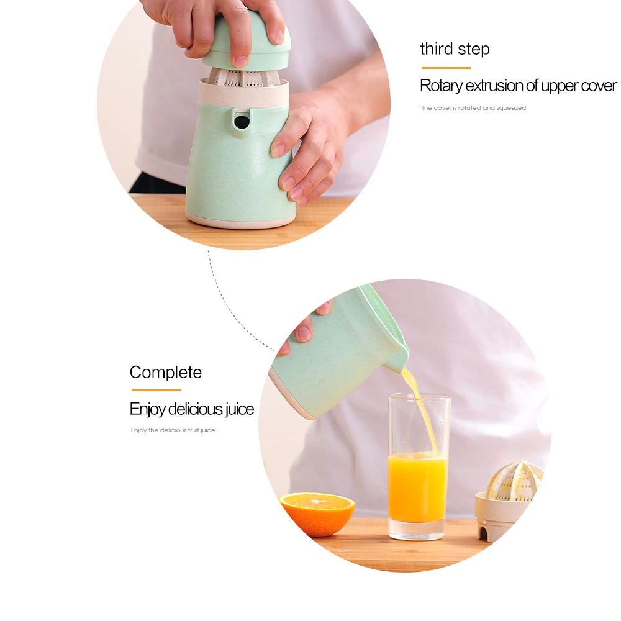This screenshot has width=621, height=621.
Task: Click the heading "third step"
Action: pyautogui.click(x=455, y=49)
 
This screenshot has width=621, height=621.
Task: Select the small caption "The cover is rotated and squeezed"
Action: pyautogui.click(x=473, y=108)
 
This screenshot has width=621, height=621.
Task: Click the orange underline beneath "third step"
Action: pyautogui.click(x=446, y=68)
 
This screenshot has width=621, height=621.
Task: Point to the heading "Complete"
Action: pyautogui.click(x=166, y=373)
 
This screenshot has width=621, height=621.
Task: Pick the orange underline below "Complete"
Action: pyautogui.click(x=155, y=390)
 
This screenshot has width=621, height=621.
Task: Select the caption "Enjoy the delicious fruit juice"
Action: pyautogui.click(x=173, y=430)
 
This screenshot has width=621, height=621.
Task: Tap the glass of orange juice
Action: pyautogui.click(x=418, y=484)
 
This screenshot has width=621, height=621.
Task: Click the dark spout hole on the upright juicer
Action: pyautogui.click(x=242, y=122)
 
